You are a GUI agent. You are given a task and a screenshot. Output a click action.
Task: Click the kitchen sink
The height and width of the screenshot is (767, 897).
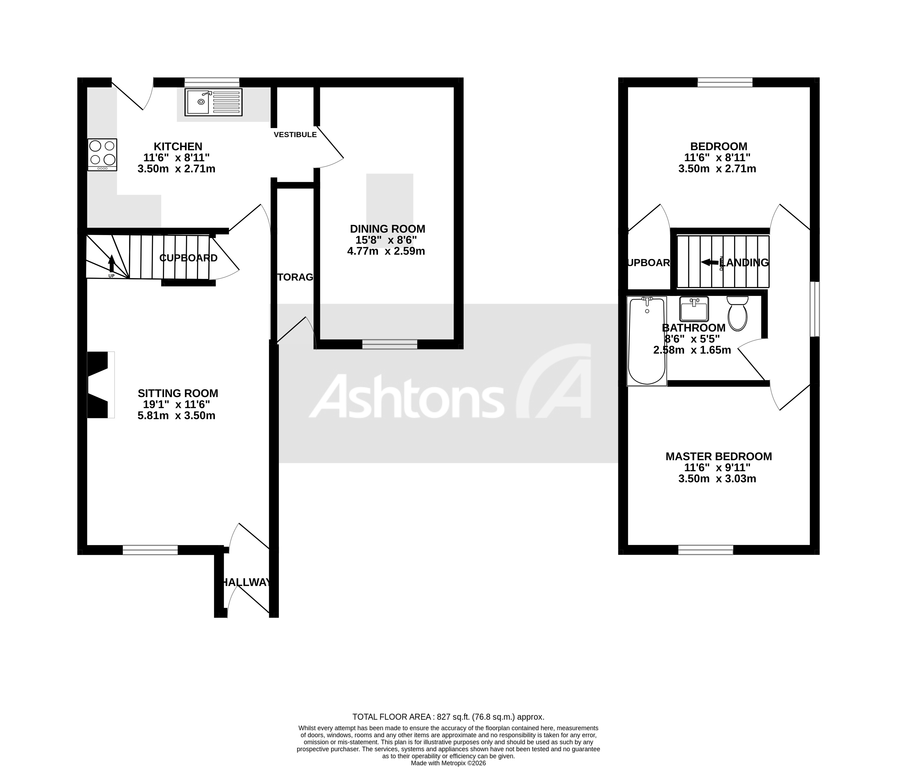tap(213, 102)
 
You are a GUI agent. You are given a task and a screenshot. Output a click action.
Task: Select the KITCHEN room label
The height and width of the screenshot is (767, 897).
tap(178, 146)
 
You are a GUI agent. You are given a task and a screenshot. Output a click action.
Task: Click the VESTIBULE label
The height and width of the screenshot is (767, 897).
tap(295, 135)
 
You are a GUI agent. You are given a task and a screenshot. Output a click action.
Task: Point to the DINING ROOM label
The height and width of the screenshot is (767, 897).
tap(387, 229)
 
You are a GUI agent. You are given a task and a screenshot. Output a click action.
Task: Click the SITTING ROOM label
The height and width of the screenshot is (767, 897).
tap(178, 393)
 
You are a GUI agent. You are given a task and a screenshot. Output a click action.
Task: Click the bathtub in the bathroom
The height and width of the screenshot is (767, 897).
tap(647, 341)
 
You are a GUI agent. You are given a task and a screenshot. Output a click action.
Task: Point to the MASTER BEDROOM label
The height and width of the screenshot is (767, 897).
tap(719, 456)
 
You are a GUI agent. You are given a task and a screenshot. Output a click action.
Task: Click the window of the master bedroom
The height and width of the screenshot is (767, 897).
tap(706, 550)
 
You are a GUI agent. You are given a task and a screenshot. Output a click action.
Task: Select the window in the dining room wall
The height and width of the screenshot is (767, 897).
tap(390, 344)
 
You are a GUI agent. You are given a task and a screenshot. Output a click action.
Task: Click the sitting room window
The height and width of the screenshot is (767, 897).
tap(150, 550)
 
